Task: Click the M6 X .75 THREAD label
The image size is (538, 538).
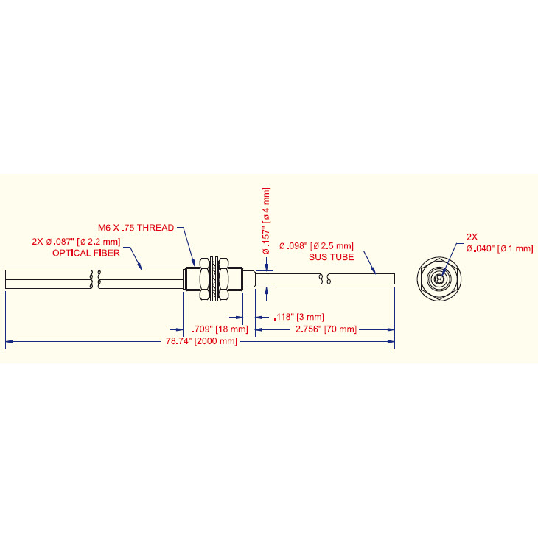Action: point(136,228)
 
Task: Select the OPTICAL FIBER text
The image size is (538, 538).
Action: point(86,254)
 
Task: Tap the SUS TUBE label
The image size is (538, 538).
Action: point(331,257)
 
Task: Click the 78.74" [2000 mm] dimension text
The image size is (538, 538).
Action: point(201,341)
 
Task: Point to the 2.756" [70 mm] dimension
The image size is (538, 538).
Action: point(326,329)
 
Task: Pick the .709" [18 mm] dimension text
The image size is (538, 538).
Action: point(220,329)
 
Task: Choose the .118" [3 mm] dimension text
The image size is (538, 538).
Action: point(299,317)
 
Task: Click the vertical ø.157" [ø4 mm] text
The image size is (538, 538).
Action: point(266,220)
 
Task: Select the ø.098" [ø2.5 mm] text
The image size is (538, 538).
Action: point(316,246)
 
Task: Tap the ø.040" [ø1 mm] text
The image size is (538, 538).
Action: point(500,249)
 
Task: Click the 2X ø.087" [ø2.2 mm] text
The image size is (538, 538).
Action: point(76,242)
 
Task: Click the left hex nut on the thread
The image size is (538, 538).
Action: point(205,279)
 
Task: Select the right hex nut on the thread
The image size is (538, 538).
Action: point(223,279)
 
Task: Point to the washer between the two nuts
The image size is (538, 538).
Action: point(214,279)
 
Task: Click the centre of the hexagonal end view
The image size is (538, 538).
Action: point(439,279)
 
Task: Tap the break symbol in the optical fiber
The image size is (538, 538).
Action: point(95,279)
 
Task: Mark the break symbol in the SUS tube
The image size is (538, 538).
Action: point(325,279)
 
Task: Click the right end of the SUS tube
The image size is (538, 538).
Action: point(394,279)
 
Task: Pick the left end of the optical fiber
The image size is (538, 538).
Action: point(6,279)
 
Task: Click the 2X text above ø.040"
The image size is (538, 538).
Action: point(472,237)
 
